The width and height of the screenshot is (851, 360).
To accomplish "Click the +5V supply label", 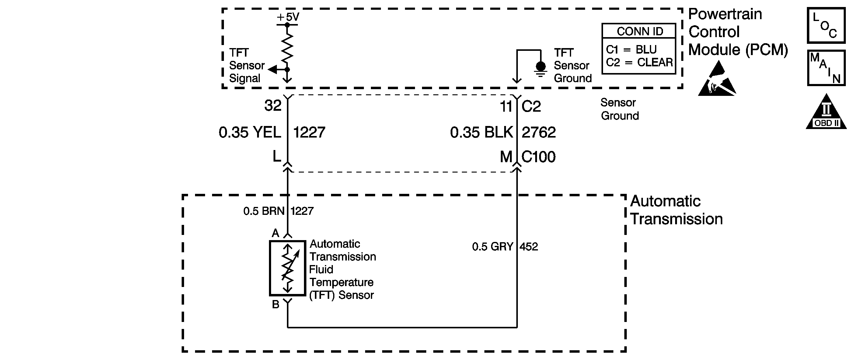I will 288,17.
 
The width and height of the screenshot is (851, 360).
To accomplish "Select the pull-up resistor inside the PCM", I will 288,46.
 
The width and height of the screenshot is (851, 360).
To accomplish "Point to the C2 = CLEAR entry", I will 639,62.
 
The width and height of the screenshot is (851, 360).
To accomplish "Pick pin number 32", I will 273,106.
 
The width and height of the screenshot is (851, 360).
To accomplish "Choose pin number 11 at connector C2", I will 506,106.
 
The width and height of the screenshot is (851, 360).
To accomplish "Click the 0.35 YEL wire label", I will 250,132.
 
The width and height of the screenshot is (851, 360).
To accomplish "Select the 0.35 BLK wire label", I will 481,132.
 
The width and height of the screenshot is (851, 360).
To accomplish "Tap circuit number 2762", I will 539,132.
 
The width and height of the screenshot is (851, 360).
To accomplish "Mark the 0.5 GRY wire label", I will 493,247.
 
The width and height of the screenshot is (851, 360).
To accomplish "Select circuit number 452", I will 528,247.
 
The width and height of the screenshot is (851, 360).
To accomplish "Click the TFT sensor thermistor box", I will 288,268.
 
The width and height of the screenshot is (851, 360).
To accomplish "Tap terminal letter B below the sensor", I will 276,305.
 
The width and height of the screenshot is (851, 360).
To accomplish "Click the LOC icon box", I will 826,26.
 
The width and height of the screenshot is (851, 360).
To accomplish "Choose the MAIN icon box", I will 826,68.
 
